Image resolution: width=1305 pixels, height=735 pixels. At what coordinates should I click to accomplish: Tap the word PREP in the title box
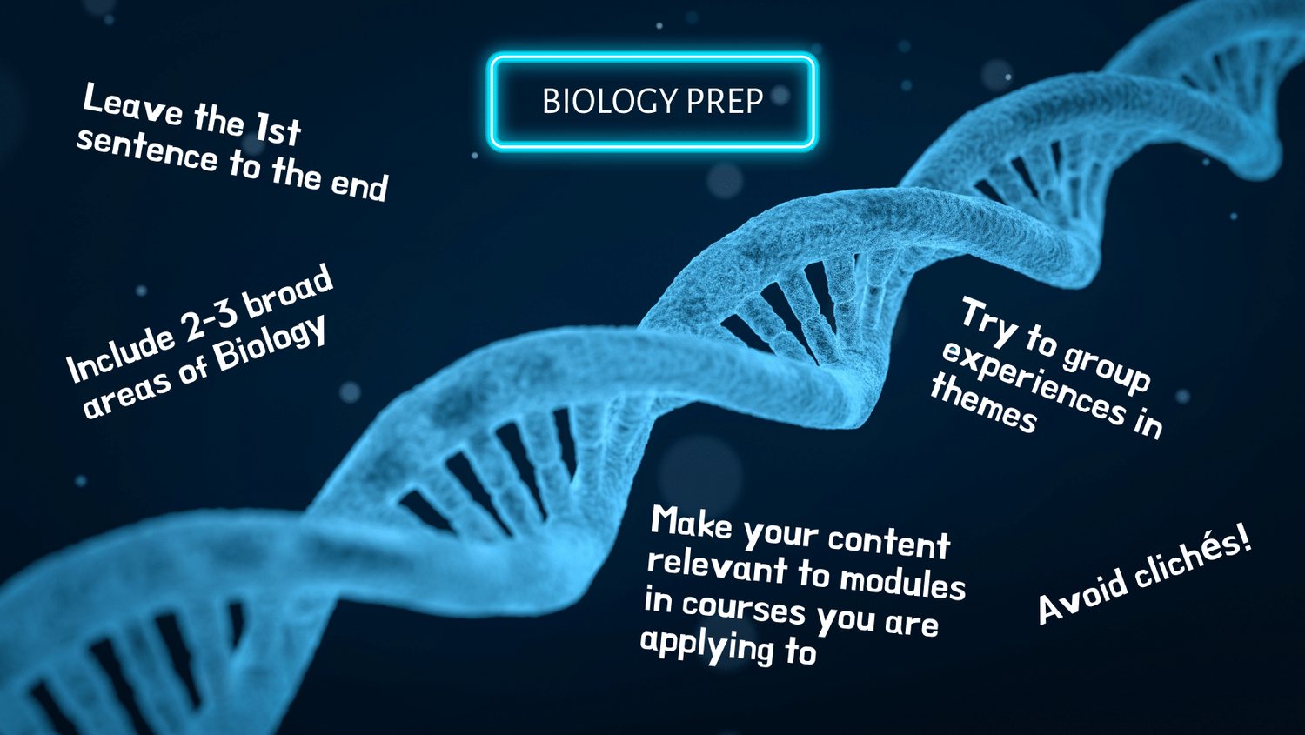click(x=725, y=102)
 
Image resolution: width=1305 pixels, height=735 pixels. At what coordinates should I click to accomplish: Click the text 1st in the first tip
click(x=278, y=130)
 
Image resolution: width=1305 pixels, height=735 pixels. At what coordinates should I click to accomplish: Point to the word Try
click(x=988, y=320)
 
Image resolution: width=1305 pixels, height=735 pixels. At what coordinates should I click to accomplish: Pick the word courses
click(x=744, y=606)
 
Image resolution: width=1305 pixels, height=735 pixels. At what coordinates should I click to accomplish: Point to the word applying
click(x=706, y=645)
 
